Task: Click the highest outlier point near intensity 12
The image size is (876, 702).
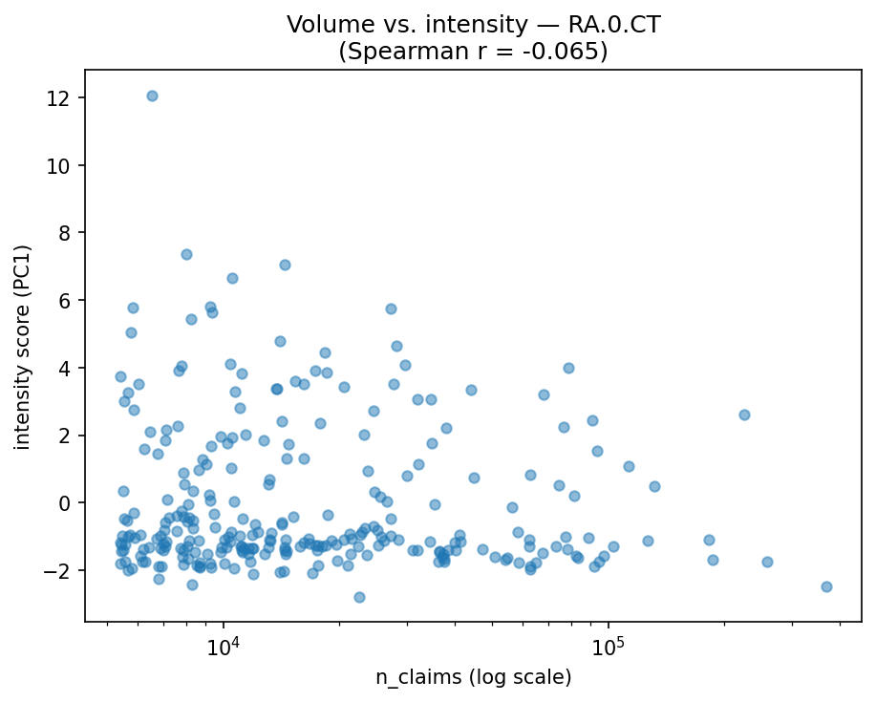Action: [x=152, y=96]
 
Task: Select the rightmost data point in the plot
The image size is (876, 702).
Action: [x=826, y=586]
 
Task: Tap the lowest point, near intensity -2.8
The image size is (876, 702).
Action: [x=359, y=597]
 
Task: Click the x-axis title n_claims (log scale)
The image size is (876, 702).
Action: [x=473, y=677]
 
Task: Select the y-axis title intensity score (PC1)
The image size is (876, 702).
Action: [x=23, y=346]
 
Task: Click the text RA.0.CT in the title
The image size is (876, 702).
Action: [x=614, y=25]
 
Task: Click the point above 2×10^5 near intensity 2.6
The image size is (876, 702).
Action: [x=744, y=415]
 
